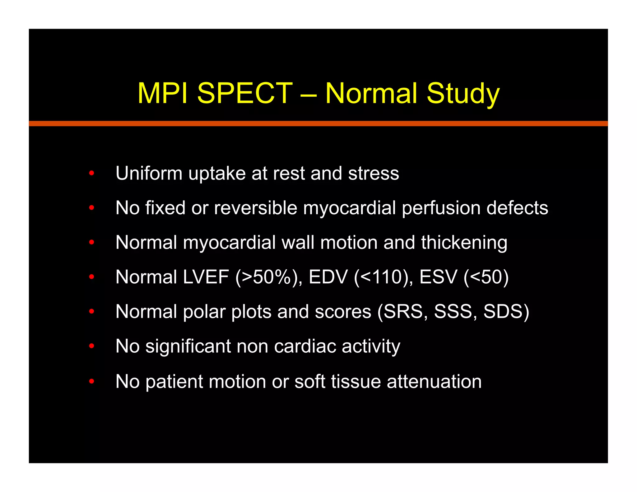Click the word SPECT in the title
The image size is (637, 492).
point(245,93)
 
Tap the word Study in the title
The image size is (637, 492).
point(463,94)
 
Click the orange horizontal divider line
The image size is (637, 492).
point(318,123)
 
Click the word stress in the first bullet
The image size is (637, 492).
point(373,174)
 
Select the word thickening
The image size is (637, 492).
point(464,243)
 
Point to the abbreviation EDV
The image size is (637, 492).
point(328,277)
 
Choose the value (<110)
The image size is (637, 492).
point(383,277)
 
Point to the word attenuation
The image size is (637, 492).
point(434,381)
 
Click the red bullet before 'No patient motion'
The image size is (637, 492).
point(91,381)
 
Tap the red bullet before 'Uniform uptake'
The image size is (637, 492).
point(91,173)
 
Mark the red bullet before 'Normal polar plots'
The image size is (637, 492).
point(91,311)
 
